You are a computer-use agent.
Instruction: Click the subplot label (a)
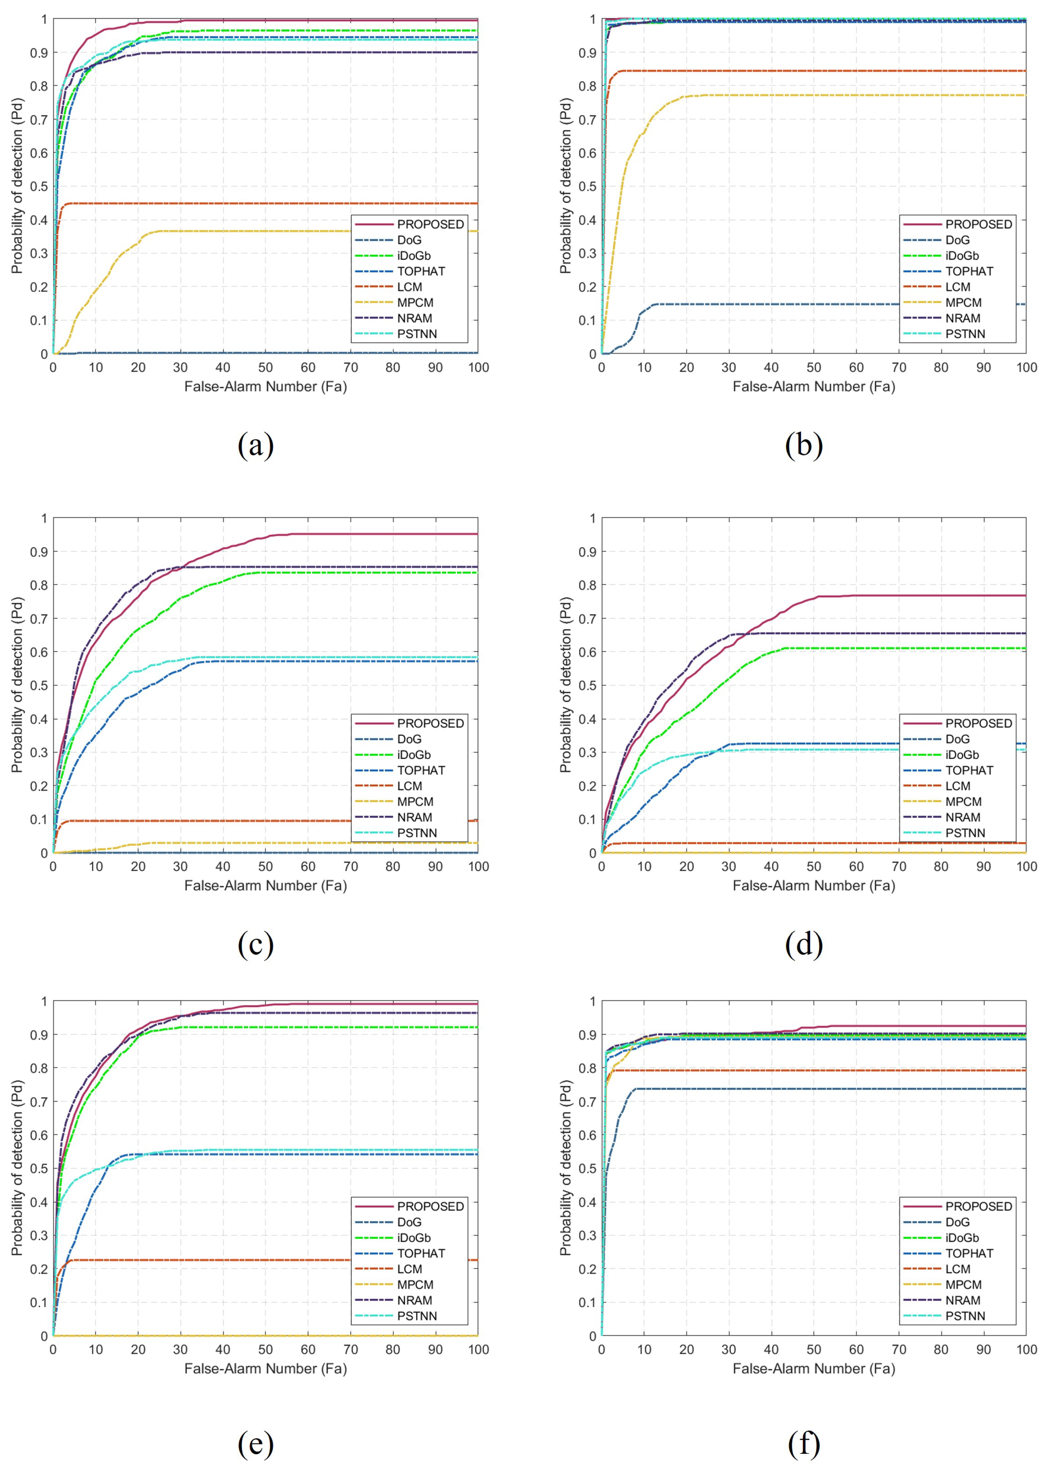[256, 445]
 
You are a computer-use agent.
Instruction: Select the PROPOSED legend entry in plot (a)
[430, 224]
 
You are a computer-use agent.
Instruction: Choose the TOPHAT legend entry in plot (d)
[969, 770]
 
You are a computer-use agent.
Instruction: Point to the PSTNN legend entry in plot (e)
[417, 1316]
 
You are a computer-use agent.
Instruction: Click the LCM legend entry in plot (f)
[957, 1269]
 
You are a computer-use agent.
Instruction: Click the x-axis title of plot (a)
[266, 387]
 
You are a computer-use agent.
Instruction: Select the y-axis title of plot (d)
[565, 685]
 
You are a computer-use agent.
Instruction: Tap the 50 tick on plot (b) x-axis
[813, 367]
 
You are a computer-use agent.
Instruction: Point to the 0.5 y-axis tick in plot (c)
[40, 686]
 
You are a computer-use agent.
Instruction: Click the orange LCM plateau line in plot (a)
[258, 203]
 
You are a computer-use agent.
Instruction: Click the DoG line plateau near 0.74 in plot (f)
[840, 1089]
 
